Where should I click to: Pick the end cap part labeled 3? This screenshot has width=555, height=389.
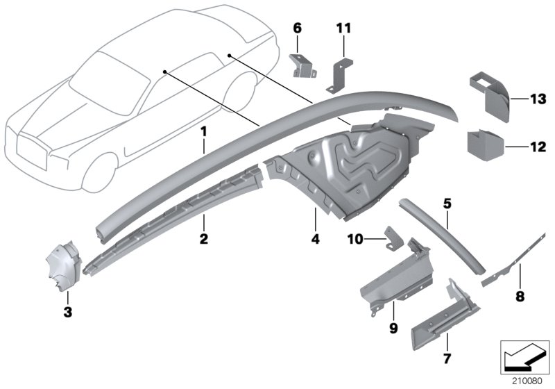pyautogui.click(x=65, y=265)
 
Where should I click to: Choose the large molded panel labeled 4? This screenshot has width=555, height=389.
pyautogui.click(x=347, y=160)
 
